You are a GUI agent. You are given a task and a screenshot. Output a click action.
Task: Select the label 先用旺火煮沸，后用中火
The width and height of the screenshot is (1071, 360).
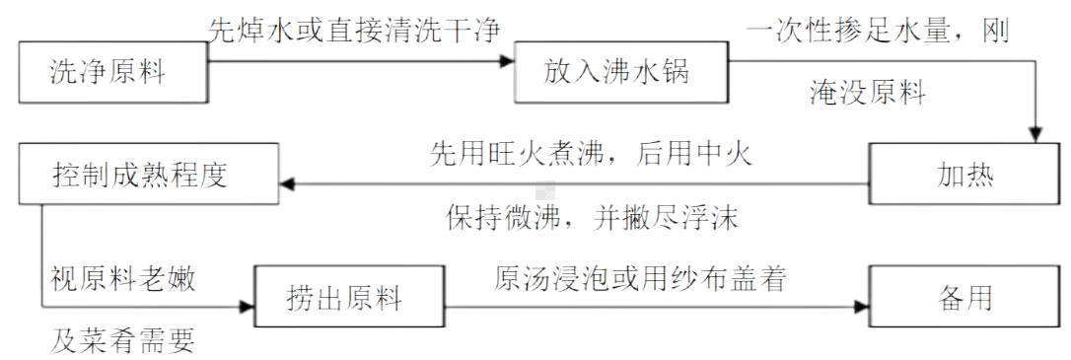pos(590,155)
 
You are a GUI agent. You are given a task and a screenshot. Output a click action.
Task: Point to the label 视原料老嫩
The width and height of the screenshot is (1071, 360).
pos(123,278)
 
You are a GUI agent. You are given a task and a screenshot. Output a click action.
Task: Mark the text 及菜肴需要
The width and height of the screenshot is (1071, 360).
pos(123,340)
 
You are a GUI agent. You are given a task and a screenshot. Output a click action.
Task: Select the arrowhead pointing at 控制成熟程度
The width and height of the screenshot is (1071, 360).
pos(292,181)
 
